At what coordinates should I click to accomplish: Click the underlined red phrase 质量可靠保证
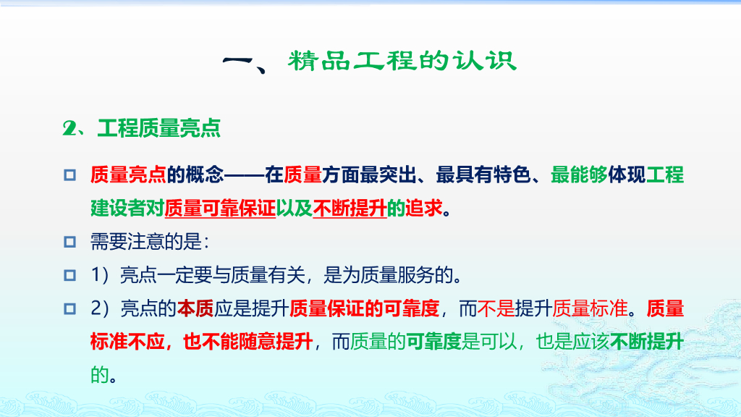pos(220,208)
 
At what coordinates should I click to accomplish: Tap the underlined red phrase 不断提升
pos(350,208)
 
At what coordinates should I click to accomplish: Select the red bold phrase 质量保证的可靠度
pos(364,308)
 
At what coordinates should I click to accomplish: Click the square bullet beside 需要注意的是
pos(69,242)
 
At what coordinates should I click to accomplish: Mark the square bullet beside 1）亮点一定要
pos(69,275)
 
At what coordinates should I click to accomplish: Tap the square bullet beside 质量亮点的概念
pos(69,175)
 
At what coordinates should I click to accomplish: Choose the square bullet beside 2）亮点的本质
pos(69,308)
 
